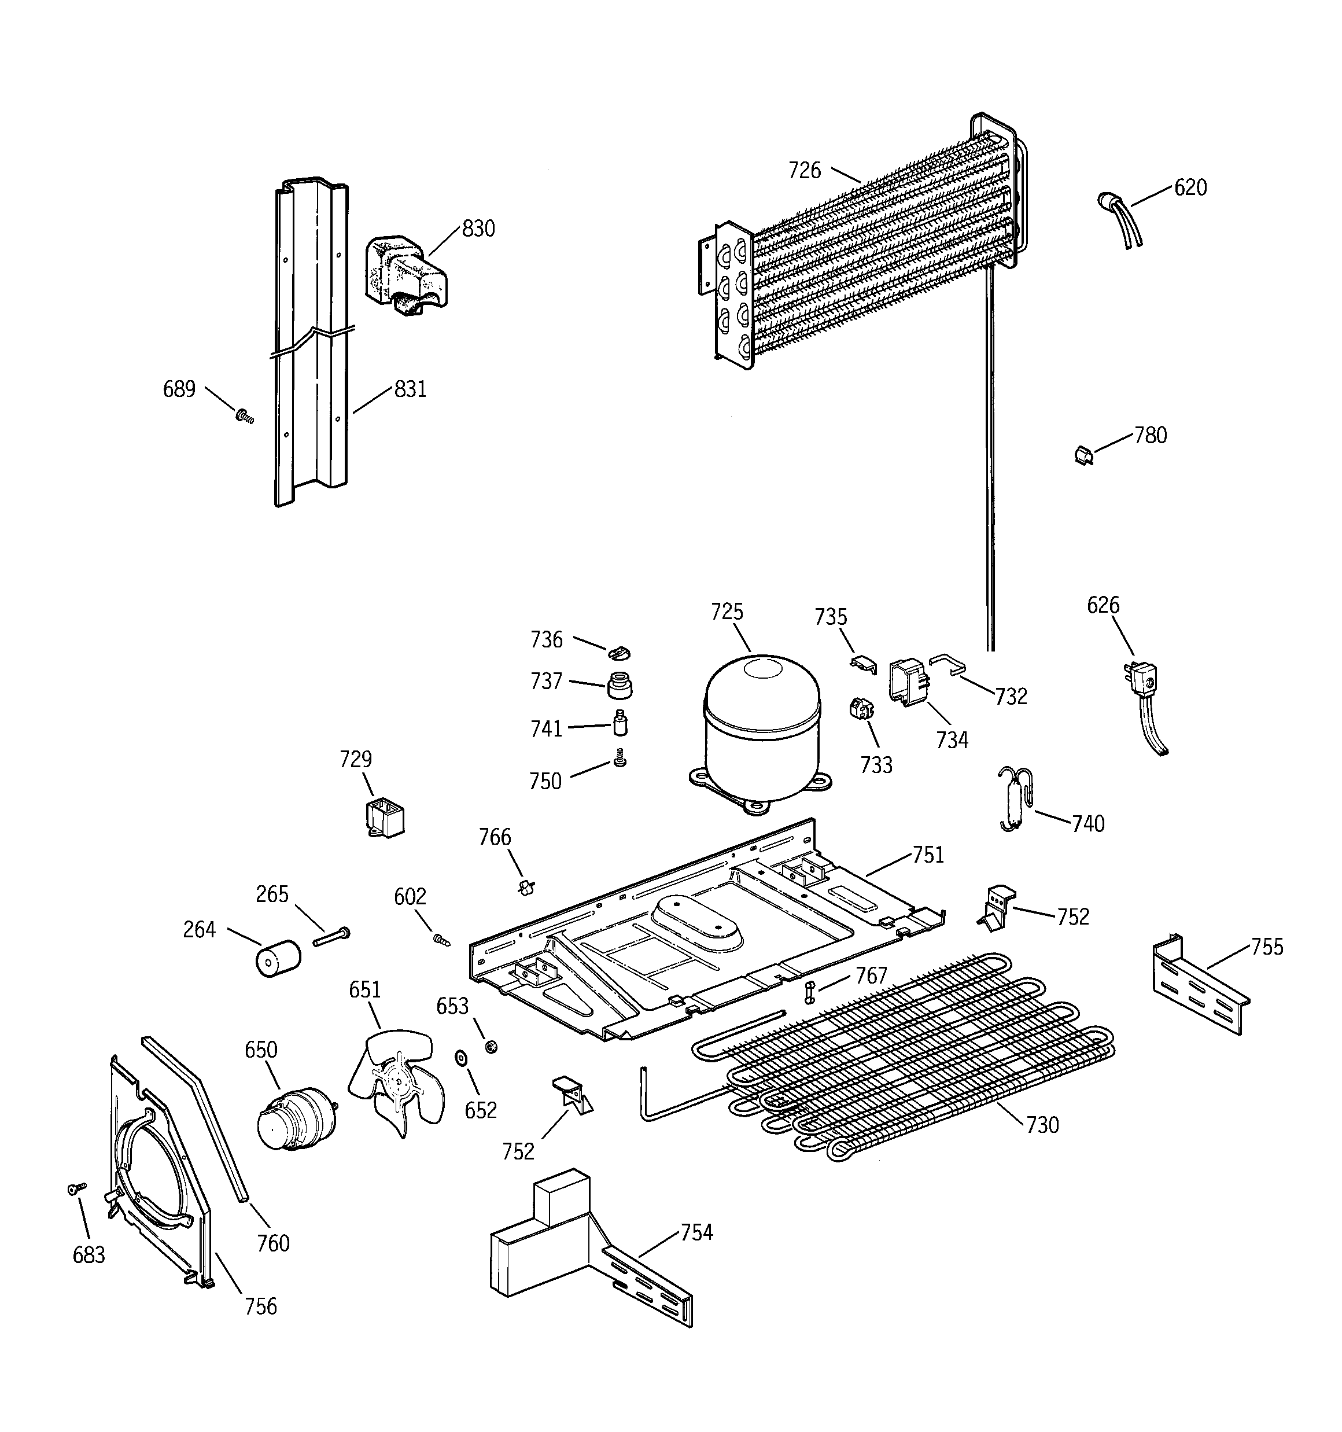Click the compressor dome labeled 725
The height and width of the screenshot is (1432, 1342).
[x=761, y=727]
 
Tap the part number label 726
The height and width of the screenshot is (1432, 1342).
[x=804, y=171]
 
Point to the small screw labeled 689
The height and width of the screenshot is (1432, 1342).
[x=245, y=415]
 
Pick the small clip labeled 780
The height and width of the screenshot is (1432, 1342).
[x=1082, y=455]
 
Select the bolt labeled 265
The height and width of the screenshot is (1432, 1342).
[x=331, y=936]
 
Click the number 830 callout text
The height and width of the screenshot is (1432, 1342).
[x=478, y=229]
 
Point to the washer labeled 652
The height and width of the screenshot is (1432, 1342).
[x=459, y=1058]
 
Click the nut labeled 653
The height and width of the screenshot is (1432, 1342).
[x=491, y=1045]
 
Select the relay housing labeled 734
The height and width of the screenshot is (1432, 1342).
[x=907, y=680]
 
